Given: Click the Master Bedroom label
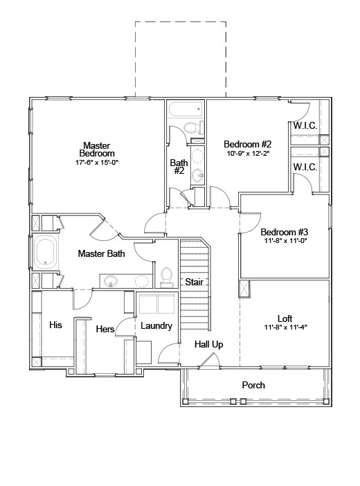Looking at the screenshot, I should (x=96, y=149).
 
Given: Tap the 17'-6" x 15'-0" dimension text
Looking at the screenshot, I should (x=97, y=162).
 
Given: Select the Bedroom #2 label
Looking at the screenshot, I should (x=246, y=144).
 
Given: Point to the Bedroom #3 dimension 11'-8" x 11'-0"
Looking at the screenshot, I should (x=284, y=242).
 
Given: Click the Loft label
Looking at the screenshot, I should (x=285, y=318).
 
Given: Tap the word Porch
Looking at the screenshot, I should (x=253, y=385).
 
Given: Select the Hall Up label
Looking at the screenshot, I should (x=208, y=344).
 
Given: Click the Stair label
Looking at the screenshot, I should (x=193, y=282).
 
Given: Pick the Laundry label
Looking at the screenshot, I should (x=156, y=325).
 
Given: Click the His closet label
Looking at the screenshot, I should (x=56, y=324).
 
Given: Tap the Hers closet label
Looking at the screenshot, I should (x=105, y=329).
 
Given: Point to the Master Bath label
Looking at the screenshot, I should (x=101, y=254).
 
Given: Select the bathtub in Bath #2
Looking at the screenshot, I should (x=185, y=109).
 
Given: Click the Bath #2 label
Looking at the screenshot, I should (x=178, y=167).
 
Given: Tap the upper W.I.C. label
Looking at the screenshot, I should (x=305, y=125).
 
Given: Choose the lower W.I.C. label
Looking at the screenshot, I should (x=305, y=167).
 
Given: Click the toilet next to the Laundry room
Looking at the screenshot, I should (x=166, y=276).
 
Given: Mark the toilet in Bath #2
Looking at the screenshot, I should (x=191, y=127).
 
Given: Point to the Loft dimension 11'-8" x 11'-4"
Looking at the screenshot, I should (x=285, y=327).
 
